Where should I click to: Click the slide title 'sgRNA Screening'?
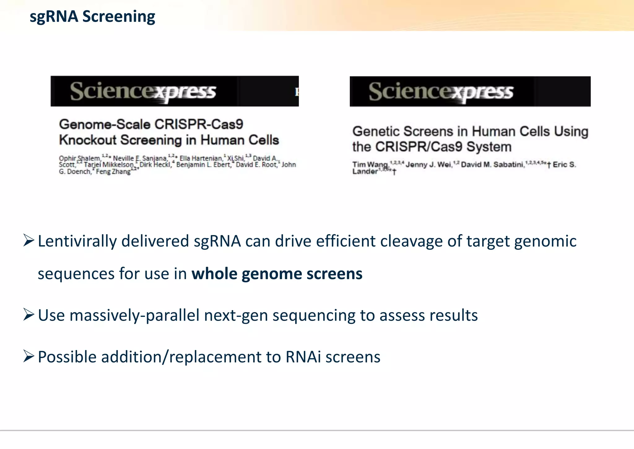coord(92,16)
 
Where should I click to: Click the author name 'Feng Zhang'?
coord(113,171)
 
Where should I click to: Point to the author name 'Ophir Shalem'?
coord(80,158)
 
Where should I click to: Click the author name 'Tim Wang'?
coord(370,165)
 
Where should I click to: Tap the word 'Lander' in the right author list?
coord(365,171)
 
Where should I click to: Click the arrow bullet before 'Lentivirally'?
coord(28,241)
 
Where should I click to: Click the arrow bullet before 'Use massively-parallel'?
coord(28,315)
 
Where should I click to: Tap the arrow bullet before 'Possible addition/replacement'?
coord(28,356)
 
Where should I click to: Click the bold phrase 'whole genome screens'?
coord(277,274)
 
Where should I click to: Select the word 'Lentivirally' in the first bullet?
coord(77,241)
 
